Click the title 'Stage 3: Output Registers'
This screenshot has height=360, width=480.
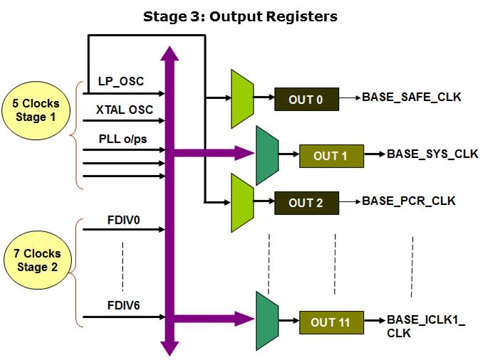(240, 16)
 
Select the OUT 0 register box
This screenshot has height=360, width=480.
(306, 99)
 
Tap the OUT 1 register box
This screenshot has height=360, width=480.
(330, 155)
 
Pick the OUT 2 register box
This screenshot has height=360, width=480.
(306, 203)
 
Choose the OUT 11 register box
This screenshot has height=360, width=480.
(330, 322)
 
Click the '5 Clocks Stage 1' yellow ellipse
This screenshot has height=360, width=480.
(40, 110)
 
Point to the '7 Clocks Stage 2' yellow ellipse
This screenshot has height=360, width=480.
(38, 260)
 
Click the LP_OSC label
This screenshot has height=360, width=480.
(121, 81)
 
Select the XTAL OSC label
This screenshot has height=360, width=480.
(125, 110)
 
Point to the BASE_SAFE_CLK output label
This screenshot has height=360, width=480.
(412, 96)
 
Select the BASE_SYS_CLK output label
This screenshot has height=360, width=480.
(432, 153)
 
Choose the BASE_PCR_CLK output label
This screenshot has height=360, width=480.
(409, 200)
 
